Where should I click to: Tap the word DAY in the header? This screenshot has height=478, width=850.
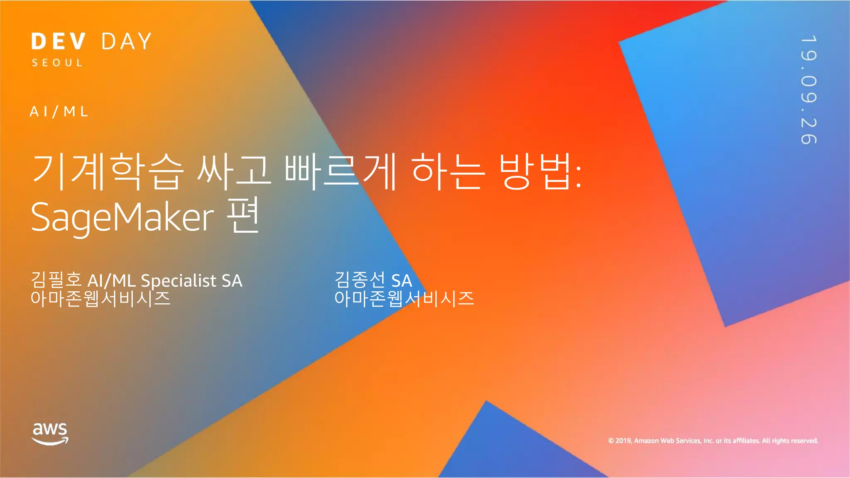[x=127, y=41]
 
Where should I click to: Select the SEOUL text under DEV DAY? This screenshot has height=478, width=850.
[x=57, y=63]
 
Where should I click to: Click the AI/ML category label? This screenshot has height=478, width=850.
[x=59, y=112]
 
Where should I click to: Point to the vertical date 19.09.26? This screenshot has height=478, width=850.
[x=808, y=90]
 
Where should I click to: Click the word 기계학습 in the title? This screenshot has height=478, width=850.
[x=107, y=171]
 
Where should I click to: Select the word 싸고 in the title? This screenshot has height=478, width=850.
[x=234, y=171]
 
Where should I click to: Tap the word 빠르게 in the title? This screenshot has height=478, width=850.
[x=340, y=171]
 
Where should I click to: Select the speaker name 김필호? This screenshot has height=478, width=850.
[x=56, y=280]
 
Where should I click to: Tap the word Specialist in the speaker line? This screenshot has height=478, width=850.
[x=178, y=281]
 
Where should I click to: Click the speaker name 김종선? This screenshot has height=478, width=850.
[x=360, y=280]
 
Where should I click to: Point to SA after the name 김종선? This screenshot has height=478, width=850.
[x=402, y=281]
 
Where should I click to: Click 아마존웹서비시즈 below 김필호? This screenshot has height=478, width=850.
[x=100, y=298]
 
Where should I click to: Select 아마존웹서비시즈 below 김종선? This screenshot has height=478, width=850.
[x=404, y=298]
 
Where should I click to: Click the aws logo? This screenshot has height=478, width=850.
[x=50, y=434]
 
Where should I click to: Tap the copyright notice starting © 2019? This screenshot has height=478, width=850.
[x=713, y=441]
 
